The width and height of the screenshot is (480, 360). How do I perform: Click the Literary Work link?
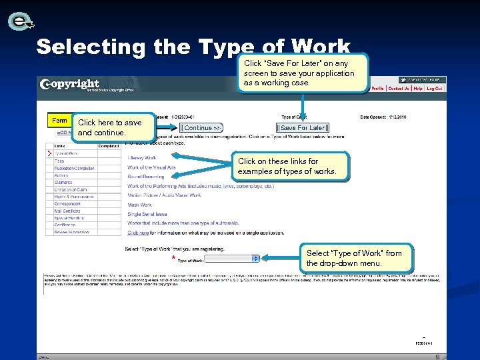point(142,158)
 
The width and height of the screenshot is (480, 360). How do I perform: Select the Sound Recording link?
point(146,177)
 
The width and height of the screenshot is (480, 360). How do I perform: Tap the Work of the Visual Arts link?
point(152,167)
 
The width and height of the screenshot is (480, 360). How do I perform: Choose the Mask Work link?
point(140,205)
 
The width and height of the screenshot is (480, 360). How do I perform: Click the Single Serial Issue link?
point(147,214)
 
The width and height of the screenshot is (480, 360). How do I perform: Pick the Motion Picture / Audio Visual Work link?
point(164,195)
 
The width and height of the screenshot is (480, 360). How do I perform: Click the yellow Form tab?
point(59,121)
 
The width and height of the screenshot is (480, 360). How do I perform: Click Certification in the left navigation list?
point(65,225)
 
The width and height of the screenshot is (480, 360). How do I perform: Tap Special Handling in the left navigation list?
point(67,218)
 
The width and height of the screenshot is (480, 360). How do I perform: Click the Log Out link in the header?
point(435,88)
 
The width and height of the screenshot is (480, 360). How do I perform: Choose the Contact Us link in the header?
point(399,88)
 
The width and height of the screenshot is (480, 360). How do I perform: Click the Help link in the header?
point(418,88)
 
